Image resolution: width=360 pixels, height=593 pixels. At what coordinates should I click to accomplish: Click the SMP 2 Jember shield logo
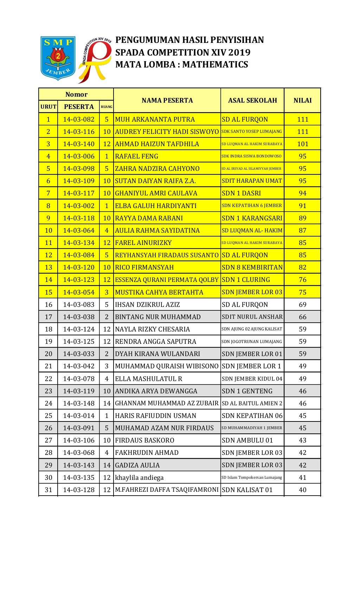pyautogui.click(x=58, y=58)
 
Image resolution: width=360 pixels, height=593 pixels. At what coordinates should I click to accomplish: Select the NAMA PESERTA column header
pyautogui.click(x=167, y=101)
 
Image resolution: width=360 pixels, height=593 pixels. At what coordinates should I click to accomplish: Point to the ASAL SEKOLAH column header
pyautogui.click(x=252, y=101)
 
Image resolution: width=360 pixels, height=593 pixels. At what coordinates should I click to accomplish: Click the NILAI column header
pyautogui.click(x=302, y=101)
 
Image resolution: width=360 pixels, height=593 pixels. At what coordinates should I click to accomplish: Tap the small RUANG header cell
pyautogui.click(x=107, y=107)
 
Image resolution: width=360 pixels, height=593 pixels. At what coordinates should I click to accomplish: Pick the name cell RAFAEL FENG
pyautogui.click(x=137, y=156)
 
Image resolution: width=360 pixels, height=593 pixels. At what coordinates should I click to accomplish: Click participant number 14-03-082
pyautogui.click(x=79, y=120)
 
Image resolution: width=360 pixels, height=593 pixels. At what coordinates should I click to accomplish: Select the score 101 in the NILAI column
pyautogui.click(x=302, y=144)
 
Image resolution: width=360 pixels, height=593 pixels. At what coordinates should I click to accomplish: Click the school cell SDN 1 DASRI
pyautogui.click(x=242, y=193)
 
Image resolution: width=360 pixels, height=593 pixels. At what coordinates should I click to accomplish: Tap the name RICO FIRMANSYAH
pyautogui.click(x=144, y=268)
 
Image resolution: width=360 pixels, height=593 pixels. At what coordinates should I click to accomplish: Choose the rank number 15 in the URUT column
pyautogui.click(x=49, y=292)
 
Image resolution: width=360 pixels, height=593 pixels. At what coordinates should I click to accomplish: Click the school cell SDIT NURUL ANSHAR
pyautogui.click(x=252, y=317)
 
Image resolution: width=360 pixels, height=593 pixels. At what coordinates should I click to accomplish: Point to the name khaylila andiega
pyautogui.click(x=139, y=478)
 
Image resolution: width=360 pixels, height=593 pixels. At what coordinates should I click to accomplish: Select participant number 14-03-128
pyautogui.click(x=79, y=490)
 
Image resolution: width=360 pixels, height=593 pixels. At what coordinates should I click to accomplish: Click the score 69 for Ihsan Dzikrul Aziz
pyautogui.click(x=302, y=305)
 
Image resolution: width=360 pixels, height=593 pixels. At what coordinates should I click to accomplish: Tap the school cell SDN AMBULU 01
pyautogui.click(x=247, y=440)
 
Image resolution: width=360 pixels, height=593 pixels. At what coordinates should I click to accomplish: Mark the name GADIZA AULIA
pyautogui.click(x=137, y=465)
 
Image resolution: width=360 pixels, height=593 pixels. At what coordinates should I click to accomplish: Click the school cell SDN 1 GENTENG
pyautogui.click(x=247, y=391)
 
